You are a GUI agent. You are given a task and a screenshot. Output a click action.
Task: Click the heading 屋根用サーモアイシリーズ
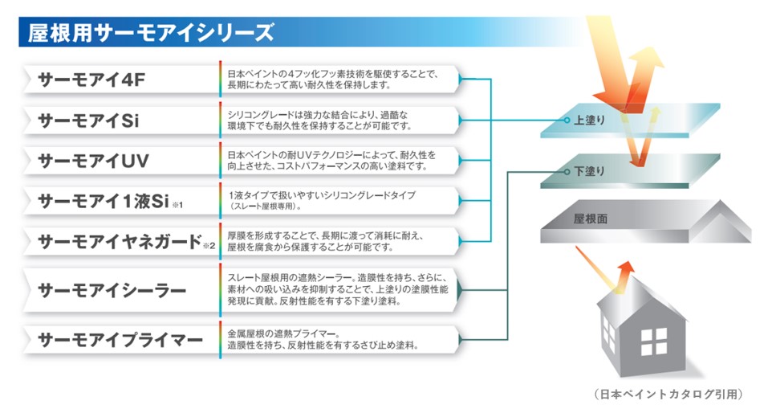[150, 32]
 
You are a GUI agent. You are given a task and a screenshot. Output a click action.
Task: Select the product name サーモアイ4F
[91, 80]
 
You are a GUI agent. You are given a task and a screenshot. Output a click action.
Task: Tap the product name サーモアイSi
[88, 121]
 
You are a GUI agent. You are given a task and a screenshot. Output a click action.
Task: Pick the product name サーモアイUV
[93, 161]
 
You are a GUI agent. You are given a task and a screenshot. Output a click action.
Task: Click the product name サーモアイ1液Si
[104, 201]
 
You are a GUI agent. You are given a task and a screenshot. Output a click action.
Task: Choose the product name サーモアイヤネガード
[120, 241]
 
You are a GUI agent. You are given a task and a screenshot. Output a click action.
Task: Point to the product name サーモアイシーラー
[112, 290]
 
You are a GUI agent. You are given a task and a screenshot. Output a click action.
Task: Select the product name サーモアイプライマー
[120, 340]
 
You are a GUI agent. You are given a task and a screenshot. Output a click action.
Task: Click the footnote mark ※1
[177, 205]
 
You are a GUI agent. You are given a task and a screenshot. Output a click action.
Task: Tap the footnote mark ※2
[209, 245]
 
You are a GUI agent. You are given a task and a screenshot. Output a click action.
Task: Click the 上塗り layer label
[589, 121]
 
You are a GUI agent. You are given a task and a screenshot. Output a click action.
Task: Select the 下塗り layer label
[589, 171]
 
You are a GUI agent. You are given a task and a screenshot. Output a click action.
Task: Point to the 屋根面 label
[591, 219]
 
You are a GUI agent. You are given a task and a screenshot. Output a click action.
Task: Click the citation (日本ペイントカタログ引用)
[668, 394]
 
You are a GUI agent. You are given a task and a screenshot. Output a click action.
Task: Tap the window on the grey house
[654, 342]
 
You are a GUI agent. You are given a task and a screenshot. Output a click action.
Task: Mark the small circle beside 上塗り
[567, 121]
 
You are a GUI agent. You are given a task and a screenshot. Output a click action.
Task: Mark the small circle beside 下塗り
[567, 172]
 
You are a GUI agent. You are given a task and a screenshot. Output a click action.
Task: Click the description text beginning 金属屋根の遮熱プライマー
[323, 340]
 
